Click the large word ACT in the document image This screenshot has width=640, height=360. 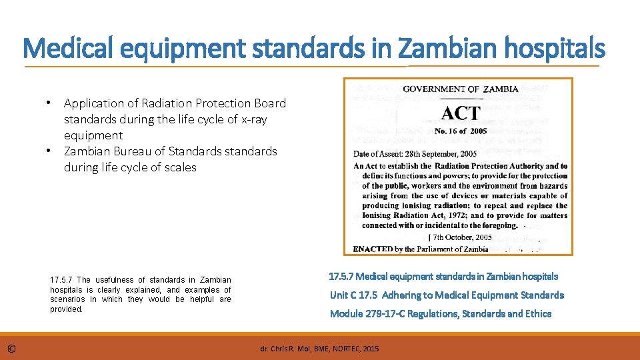(460, 113)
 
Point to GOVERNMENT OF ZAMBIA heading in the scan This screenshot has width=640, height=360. (461, 89)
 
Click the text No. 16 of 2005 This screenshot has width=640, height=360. (461, 131)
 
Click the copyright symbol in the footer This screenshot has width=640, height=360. (12, 348)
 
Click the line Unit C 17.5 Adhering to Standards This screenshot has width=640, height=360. (447, 295)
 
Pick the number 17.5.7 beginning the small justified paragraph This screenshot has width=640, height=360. (61, 280)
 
